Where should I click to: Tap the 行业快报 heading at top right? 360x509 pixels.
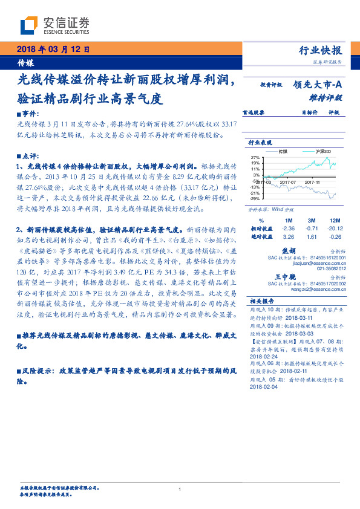(x=321, y=50)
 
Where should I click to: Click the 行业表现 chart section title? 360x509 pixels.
(x=260, y=142)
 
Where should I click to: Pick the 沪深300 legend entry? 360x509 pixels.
(x=317, y=151)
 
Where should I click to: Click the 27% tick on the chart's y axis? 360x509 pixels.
(x=255, y=157)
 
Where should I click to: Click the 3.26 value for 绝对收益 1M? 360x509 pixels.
(x=289, y=236)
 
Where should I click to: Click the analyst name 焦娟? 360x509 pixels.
(x=289, y=250)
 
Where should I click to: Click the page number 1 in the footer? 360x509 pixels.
(x=180, y=489)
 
